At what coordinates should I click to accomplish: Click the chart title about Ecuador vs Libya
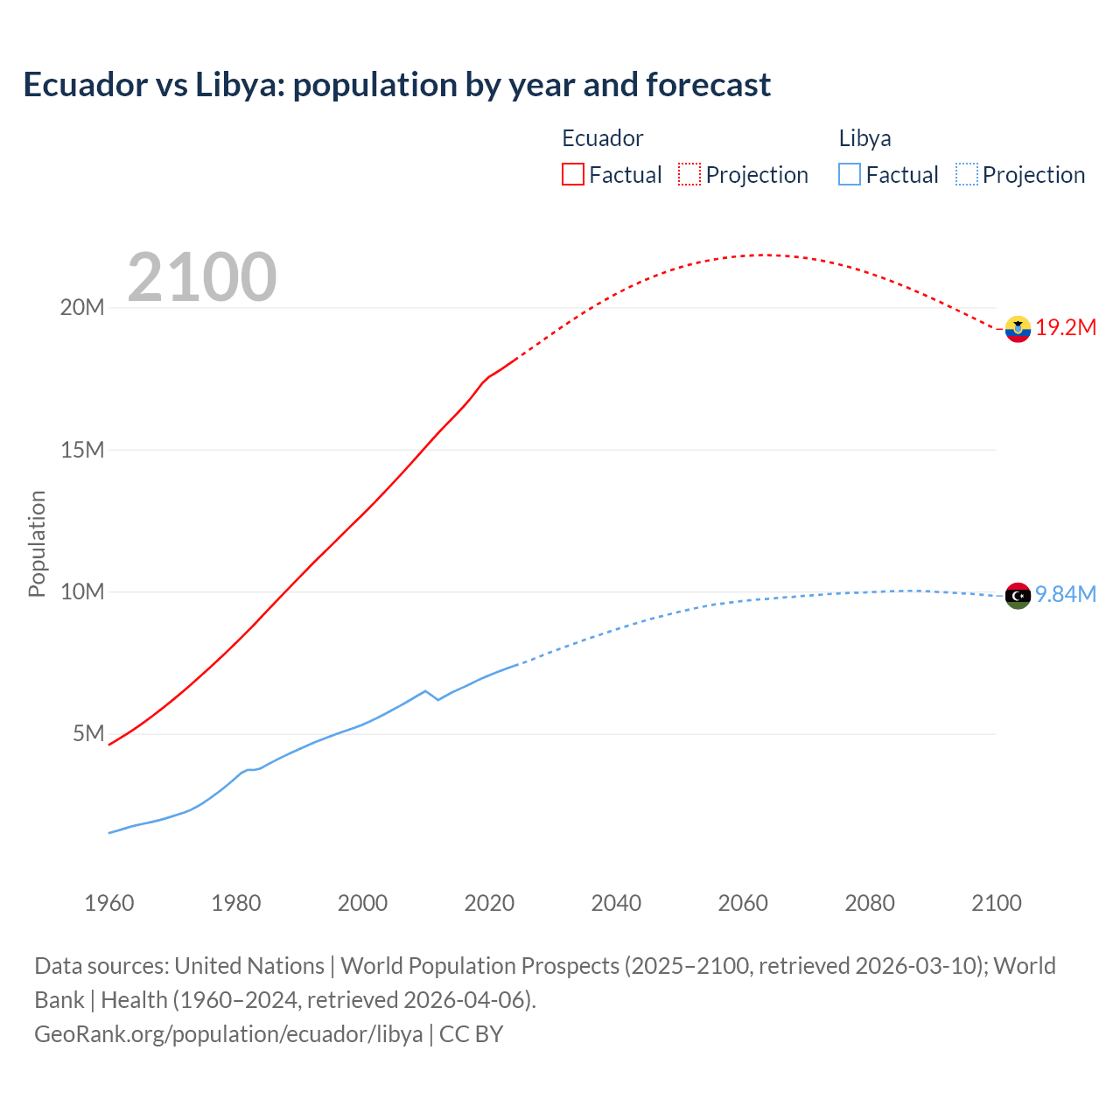pos(396,85)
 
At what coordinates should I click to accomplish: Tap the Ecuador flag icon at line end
pos(1018,329)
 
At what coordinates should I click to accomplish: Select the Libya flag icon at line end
pos(1018,595)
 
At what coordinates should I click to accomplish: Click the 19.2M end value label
pos(1066,328)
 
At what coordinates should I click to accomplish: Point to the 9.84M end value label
pos(1066,595)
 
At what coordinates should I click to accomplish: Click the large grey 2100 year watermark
pos(202,277)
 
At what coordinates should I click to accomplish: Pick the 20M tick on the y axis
pos(82,308)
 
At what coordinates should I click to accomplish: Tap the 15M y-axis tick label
pos(82,450)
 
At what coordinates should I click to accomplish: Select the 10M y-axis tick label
pos(82,592)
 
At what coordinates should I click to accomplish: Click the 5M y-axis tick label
pos(88,733)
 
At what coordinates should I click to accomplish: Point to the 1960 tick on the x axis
pos(109,903)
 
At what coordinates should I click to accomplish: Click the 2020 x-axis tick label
pos(489,903)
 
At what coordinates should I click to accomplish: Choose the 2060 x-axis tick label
pos(743,903)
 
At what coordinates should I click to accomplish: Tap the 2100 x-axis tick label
pos(997,903)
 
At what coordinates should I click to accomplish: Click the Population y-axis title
pos(37,543)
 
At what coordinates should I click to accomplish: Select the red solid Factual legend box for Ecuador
pos(572,175)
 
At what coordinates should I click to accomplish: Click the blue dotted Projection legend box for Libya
pos(966,175)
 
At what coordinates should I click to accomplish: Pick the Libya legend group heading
pos(864,138)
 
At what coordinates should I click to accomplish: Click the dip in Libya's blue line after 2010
pos(437,699)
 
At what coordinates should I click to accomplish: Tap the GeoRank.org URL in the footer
pos(228,1034)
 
